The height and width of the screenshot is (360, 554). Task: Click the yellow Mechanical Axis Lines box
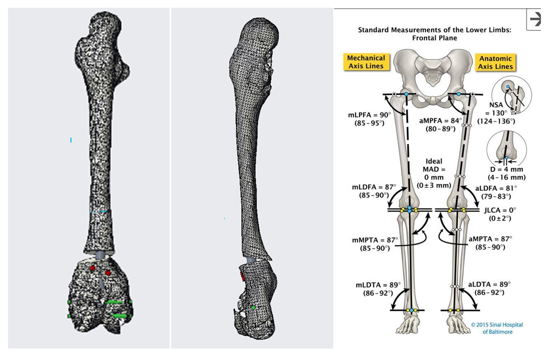pos(366,62)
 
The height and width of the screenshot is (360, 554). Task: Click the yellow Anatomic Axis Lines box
pos(495,62)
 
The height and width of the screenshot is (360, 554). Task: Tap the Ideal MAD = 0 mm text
pos(433,173)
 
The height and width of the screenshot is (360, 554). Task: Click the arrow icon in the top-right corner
pos(534,19)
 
